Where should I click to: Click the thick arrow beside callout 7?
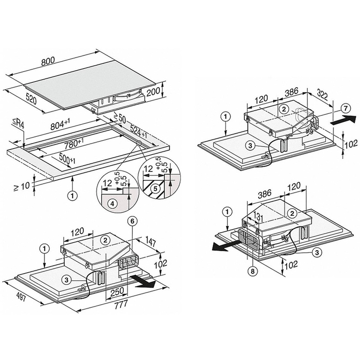pyautogui.click(x=341, y=121)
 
